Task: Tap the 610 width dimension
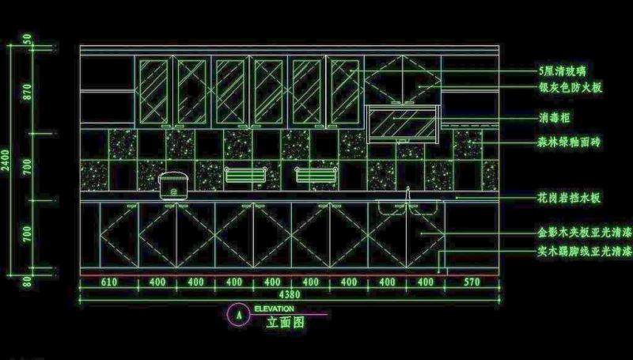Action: (x=108, y=282)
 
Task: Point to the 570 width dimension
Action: (x=472, y=282)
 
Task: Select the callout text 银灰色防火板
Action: (x=570, y=88)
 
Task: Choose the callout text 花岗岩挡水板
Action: (x=570, y=198)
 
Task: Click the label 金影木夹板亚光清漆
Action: (x=584, y=234)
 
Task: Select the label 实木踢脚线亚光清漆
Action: (x=584, y=252)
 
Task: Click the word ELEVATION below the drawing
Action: (x=275, y=309)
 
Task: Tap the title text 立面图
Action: (x=285, y=322)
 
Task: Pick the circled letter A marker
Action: (x=237, y=315)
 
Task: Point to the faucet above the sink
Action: (x=408, y=194)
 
